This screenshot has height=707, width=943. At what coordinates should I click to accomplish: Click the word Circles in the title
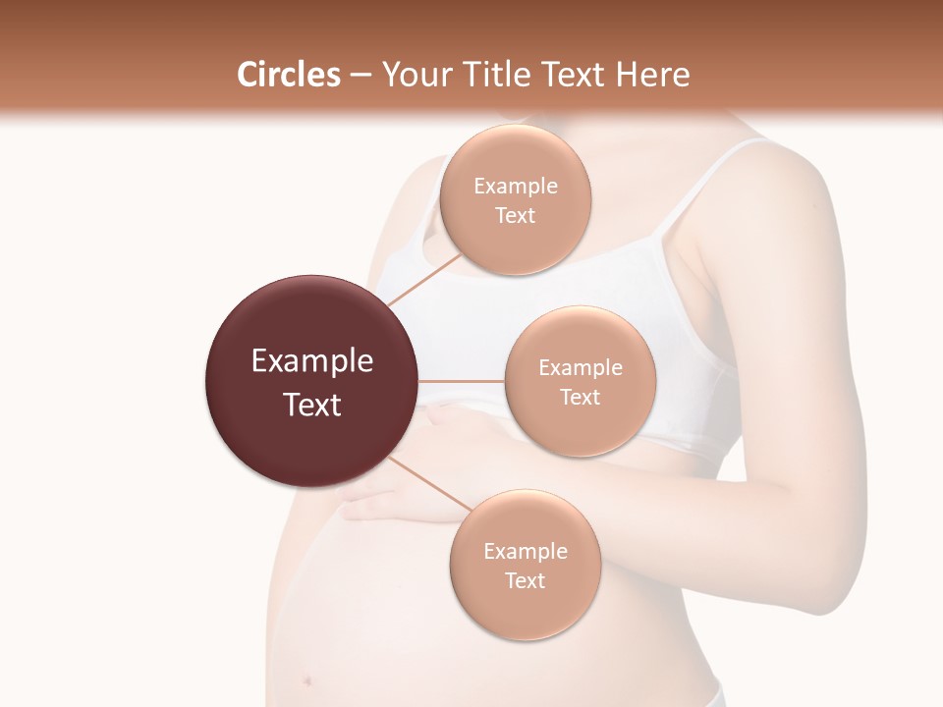click(x=288, y=75)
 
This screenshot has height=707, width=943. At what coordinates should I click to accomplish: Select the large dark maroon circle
click(x=312, y=382)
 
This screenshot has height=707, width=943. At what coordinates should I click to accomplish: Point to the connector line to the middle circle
click(x=462, y=381)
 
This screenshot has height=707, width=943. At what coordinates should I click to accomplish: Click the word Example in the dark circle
click(x=312, y=361)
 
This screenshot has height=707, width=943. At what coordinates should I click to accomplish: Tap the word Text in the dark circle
click(x=312, y=405)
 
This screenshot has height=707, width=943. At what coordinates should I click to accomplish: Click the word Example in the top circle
click(x=515, y=187)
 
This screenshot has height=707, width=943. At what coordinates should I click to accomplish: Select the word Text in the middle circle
click(x=580, y=397)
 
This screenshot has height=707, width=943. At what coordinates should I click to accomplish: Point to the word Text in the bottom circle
click(x=525, y=580)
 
